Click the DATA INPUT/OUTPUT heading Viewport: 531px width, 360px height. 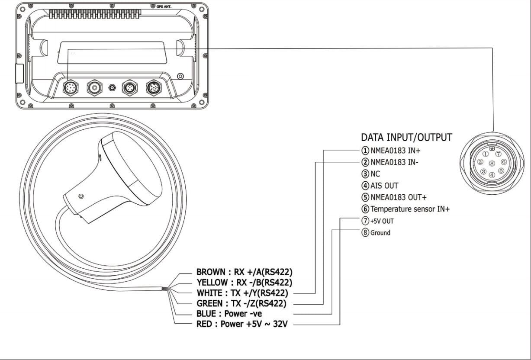click(x=406, y=138)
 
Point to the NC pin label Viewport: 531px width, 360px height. click(x=373, y=174)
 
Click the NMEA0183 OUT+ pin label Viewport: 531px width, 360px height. click(x=394, y=198)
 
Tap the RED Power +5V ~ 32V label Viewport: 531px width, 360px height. click(x=242, y=324)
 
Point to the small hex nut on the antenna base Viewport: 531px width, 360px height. click(x=81, y=196)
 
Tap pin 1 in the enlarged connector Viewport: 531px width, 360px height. click(x=486, y=154)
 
